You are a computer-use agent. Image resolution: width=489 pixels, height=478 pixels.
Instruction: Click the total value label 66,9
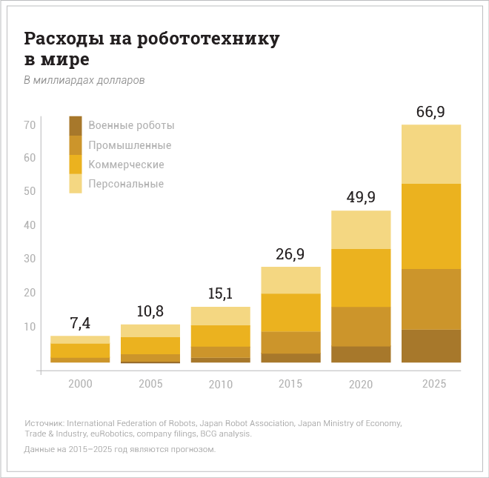430,113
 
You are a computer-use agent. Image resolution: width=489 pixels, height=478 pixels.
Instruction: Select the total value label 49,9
361,198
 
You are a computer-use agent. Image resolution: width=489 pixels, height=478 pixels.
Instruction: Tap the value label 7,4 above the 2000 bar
80,324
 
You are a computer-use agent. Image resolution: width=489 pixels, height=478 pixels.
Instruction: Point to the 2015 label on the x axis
291,384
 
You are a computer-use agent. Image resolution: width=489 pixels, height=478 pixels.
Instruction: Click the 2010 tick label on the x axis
221,384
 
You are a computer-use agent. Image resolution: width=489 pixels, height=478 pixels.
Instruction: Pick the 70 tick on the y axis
30,125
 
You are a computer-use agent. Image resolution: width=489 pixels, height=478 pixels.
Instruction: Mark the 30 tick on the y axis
30,259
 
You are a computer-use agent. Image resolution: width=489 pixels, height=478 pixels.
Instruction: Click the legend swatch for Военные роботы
76,125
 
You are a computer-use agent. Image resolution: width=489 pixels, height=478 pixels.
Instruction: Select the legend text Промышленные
130,145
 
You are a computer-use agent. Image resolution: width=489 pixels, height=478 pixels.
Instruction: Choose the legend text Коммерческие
126,165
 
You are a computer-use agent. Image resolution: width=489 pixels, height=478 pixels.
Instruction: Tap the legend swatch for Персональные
76,184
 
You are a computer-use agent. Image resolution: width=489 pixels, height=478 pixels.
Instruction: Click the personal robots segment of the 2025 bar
431,154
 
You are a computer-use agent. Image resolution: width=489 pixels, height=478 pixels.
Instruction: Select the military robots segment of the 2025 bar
431,346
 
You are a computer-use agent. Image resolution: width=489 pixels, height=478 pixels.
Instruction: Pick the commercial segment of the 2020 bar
361,278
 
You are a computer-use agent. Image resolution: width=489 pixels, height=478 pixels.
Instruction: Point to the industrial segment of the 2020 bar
361,326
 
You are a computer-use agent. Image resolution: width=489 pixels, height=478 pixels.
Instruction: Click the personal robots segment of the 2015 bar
291,280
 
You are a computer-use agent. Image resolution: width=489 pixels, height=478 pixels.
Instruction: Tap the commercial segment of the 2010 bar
221,336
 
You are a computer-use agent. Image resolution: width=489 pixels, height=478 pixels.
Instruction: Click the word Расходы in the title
61,39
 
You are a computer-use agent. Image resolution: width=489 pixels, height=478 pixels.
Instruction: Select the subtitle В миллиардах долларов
84,80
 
